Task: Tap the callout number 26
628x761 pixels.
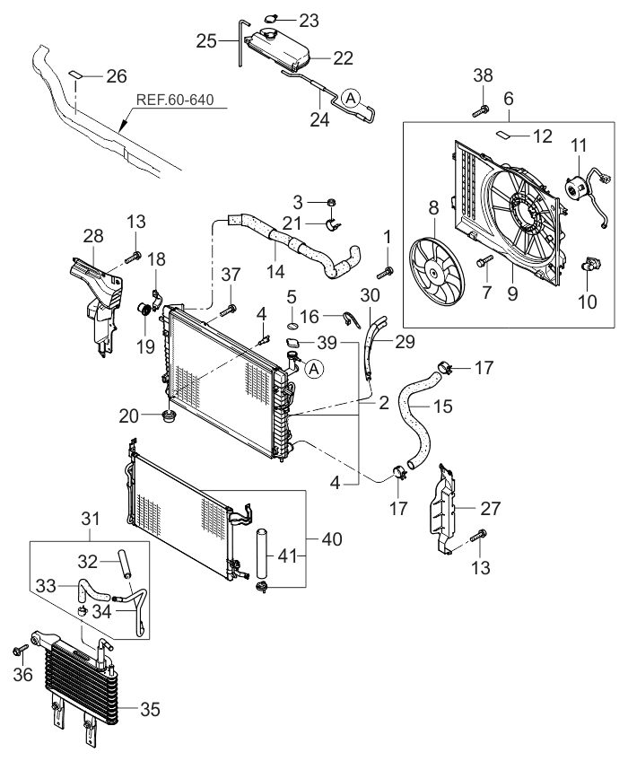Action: (117, 76)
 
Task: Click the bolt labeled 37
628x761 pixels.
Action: (224, 311)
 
